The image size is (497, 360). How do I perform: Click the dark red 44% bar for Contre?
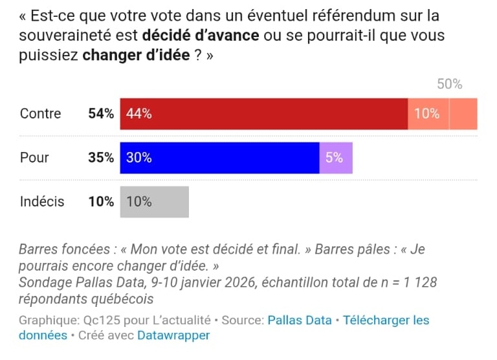[x=263, y=114]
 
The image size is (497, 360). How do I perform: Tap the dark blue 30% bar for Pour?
[x=219, y=158]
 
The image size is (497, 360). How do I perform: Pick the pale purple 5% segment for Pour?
[x=336, y=158]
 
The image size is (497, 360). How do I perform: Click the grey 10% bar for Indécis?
[x=154, y=202]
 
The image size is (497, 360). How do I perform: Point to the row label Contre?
[x=40, y=114]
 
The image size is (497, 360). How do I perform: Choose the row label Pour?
[x=34, y=158]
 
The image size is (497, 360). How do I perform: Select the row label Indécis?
[x=42, y=202]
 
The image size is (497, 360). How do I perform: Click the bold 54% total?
[x=101, y=114]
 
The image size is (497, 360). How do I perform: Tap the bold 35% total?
[x=101, y=158]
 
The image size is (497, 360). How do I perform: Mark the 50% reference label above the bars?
[x=449, y=84]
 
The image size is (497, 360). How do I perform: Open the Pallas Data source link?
[x=300, y=321]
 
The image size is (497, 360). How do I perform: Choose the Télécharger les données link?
[x=386, y=321]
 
